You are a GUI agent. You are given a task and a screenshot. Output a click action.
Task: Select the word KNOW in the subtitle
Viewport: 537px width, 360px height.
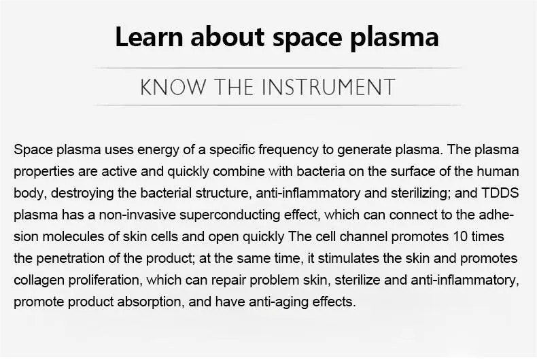click(173, 87)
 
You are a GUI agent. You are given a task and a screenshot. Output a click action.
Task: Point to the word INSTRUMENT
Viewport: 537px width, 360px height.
click(329, 87)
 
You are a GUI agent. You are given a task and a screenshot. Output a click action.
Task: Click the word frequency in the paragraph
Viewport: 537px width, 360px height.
click(288, 150)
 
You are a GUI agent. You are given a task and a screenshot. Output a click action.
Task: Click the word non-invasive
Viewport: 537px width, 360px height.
click(137, 215)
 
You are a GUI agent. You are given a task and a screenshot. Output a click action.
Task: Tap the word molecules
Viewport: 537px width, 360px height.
click(72, 236)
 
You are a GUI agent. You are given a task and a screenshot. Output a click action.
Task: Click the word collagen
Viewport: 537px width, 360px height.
click(39, 281)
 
